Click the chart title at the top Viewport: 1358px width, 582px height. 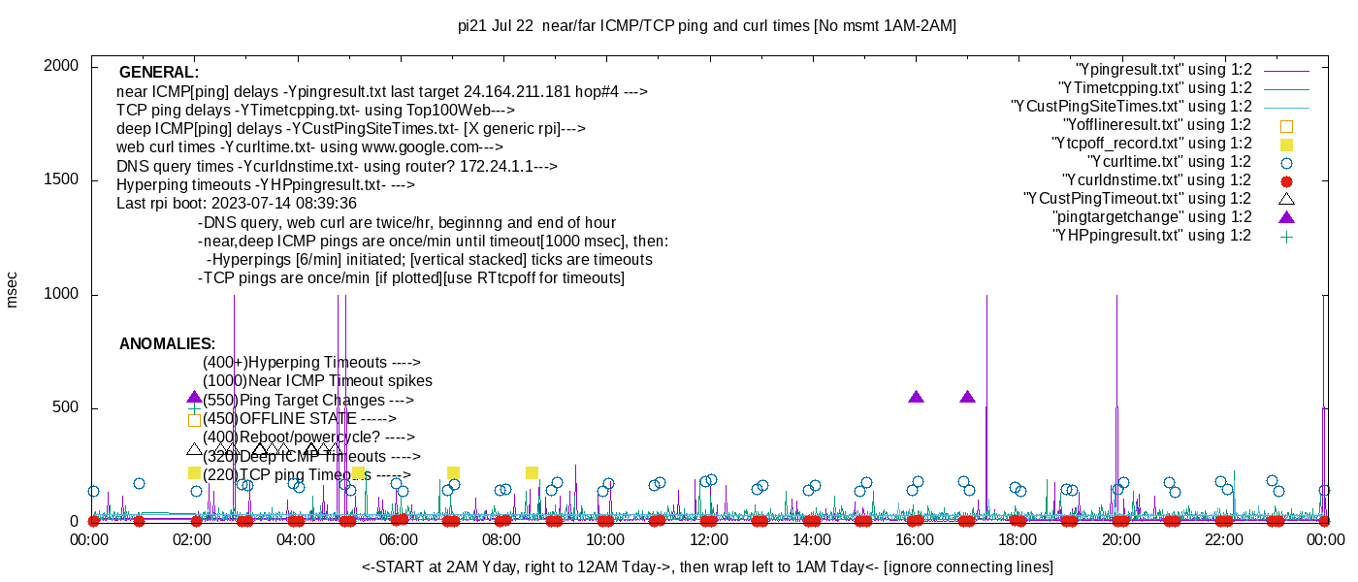tap(707, 26)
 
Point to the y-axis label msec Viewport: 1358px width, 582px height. tap(12, 289)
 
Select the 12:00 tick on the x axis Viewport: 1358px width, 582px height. tap(708, 539)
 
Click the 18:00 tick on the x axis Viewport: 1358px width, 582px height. tap(1018, 539)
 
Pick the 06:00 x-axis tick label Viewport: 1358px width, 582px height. tap(399, 539)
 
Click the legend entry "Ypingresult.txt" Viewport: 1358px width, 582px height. tap(1163, 70)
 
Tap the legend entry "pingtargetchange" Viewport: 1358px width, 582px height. tap(1152, 217)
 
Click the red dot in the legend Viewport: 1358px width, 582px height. tap(1286, 180)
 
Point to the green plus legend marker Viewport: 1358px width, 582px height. tap(1286, 236)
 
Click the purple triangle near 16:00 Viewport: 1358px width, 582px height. tap(916, 397)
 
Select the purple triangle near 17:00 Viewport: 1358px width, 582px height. tap(967, 397)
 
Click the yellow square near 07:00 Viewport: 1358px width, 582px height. tap(453, 473)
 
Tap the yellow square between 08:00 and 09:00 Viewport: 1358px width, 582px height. tap(532, 473)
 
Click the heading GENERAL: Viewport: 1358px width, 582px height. tap(158, 73)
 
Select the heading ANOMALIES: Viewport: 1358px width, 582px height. tap(167, 344)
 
